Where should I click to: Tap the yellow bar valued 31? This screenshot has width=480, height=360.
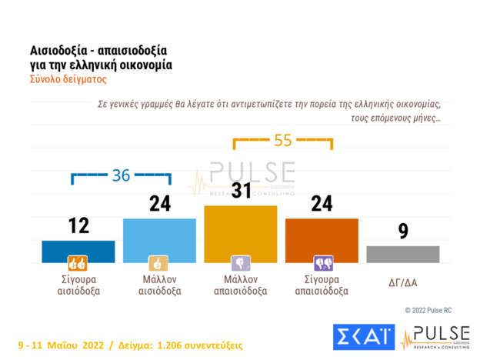click(240, 232)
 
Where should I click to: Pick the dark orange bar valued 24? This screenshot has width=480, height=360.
click(322, 239)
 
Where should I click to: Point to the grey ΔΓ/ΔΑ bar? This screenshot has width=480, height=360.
click(402, 253)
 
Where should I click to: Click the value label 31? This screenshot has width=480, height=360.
click(241, 191)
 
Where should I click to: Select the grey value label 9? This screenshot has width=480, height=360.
click(403, 231)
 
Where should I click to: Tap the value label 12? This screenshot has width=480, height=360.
click(78, 225)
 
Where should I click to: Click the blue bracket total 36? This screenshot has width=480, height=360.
click(121, 175)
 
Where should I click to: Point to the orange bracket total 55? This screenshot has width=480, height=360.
click(283, 140)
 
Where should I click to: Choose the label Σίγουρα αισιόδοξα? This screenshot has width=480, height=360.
click(78, 284)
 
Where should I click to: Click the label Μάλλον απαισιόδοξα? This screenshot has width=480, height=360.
click(241, 284)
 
